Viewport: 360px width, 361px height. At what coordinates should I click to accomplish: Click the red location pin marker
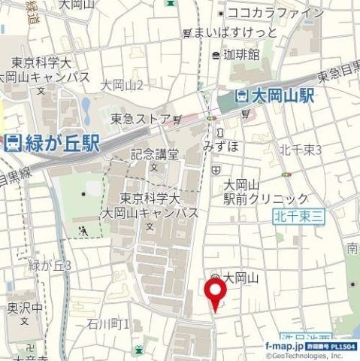[x=216, y=296]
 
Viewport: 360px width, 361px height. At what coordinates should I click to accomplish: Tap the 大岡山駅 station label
[x=282, y=96]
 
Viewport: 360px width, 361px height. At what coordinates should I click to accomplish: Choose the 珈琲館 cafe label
[x=241, y=54]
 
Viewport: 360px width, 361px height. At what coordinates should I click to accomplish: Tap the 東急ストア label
[x=141, y=118]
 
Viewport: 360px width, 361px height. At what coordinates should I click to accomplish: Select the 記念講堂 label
[x=155, y=154]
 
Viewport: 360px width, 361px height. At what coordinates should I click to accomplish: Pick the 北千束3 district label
[x=300, y=150]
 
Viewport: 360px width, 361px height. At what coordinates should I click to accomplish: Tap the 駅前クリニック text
[x=266, y=199]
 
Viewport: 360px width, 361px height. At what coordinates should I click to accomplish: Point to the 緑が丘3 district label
[x=50, y=265]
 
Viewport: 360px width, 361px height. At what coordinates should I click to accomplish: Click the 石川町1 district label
[x=108, y=324]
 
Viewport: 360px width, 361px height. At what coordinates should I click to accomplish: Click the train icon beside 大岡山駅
[x=241, y=96]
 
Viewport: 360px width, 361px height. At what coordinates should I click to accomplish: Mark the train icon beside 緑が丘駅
[x=13, y=144]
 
